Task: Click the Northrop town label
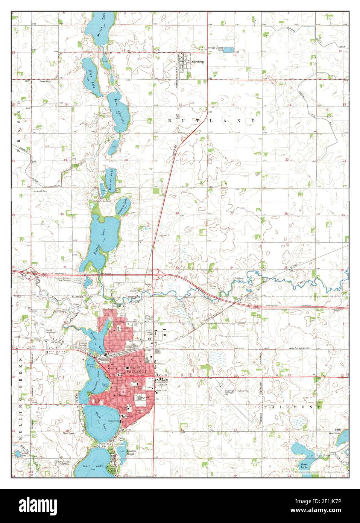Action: point(197,61)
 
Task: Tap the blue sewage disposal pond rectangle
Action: point(228,50)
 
